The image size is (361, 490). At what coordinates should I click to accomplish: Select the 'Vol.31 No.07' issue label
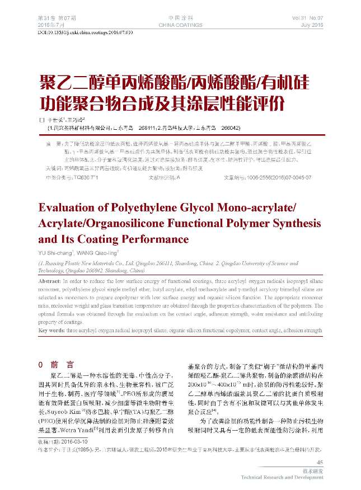[308, 18]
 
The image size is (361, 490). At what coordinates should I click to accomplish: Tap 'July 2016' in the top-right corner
[312, 26]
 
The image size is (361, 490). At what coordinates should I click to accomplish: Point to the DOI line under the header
[85, 34]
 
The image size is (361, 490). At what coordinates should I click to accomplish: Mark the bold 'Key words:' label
[51, 331]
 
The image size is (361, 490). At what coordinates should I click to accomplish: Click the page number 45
[320, 462]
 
